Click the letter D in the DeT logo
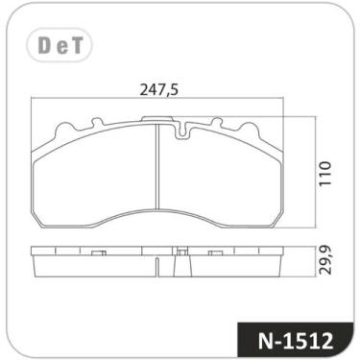point(46,45)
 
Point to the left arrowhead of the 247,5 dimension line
point(35,100)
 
